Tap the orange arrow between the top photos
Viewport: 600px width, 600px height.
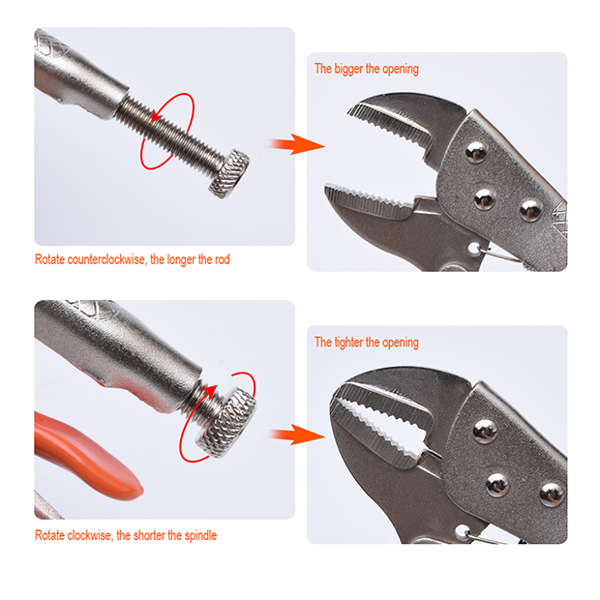tap(293, 145)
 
